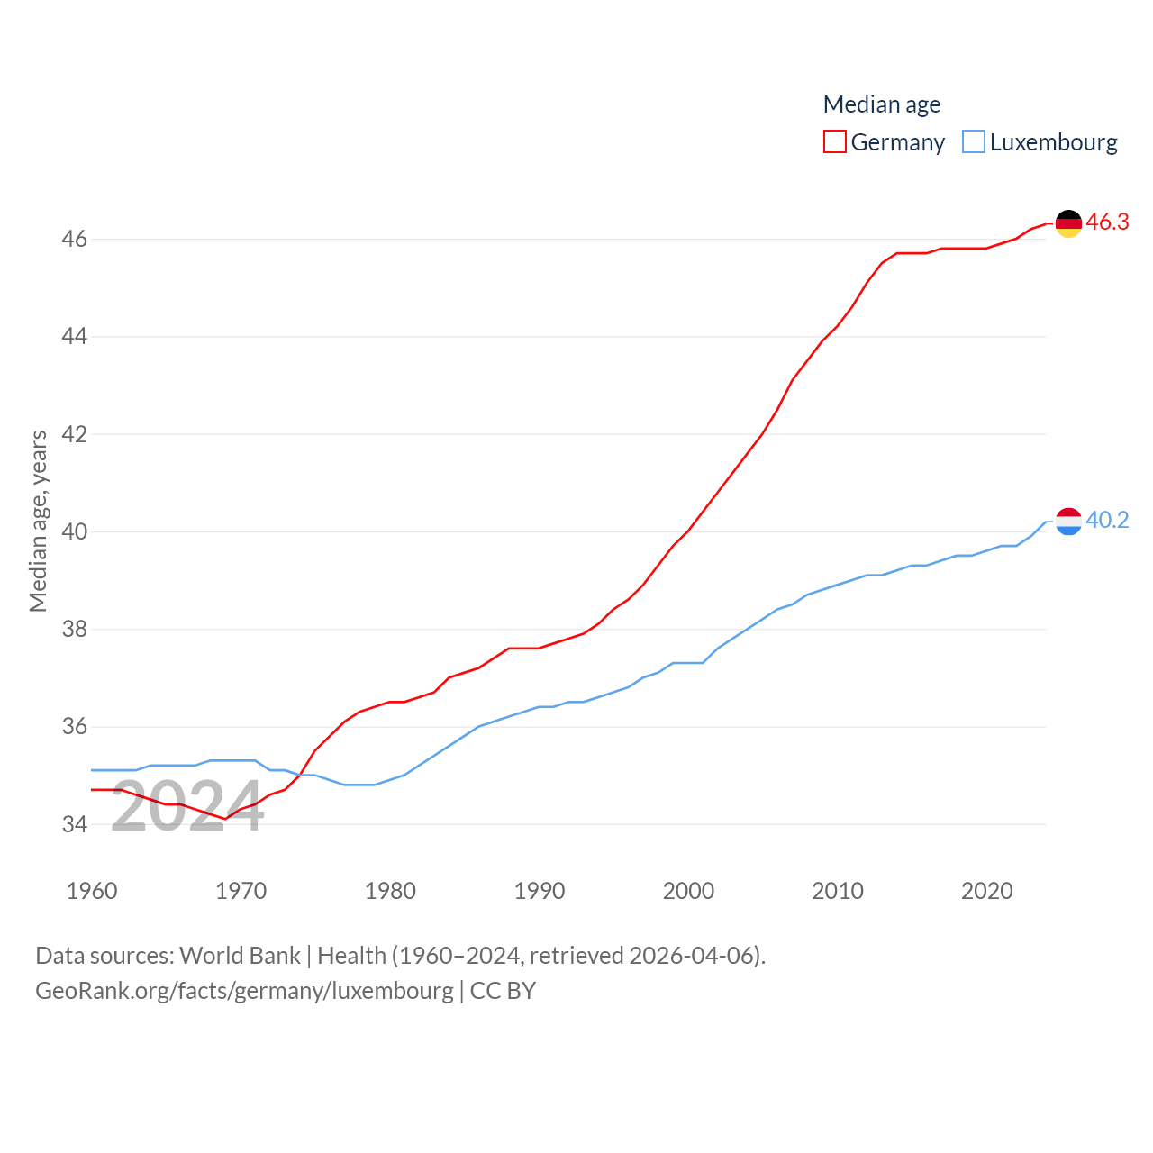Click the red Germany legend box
[x=835, y=142]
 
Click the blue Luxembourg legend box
[x=974, y=142]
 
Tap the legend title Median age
[x=882, y=104]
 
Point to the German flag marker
[x=1068, y=223]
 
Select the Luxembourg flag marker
[x=1068, y=522]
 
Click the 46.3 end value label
[x=1107, y=222]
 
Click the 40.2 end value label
[x=1107, y=521]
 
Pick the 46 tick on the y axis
[x=75, y=240]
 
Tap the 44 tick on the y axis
[x=75, y=337]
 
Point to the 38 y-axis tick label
[x=75, y=630]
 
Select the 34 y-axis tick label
[x=75, y=824]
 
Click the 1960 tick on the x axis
[x=92, y=891]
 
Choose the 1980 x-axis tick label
[x=390, y=891]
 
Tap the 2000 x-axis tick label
[x=688, y=891]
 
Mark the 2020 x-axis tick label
[x=986, y=891]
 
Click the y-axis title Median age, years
[x=39, y=522]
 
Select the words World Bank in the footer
[x=240, y=956]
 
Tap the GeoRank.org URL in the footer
[x=244, y=991]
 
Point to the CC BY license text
[x=503, y=991]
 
